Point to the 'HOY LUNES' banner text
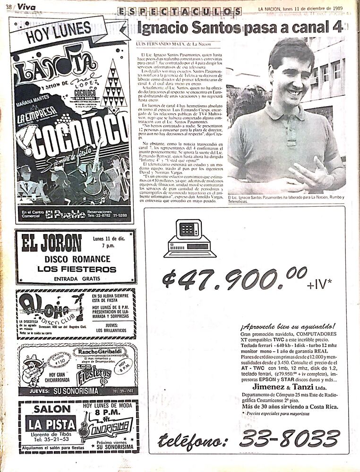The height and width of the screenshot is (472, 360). (x=58, y=34)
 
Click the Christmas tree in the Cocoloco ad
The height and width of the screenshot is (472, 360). (x=113, y=85)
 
